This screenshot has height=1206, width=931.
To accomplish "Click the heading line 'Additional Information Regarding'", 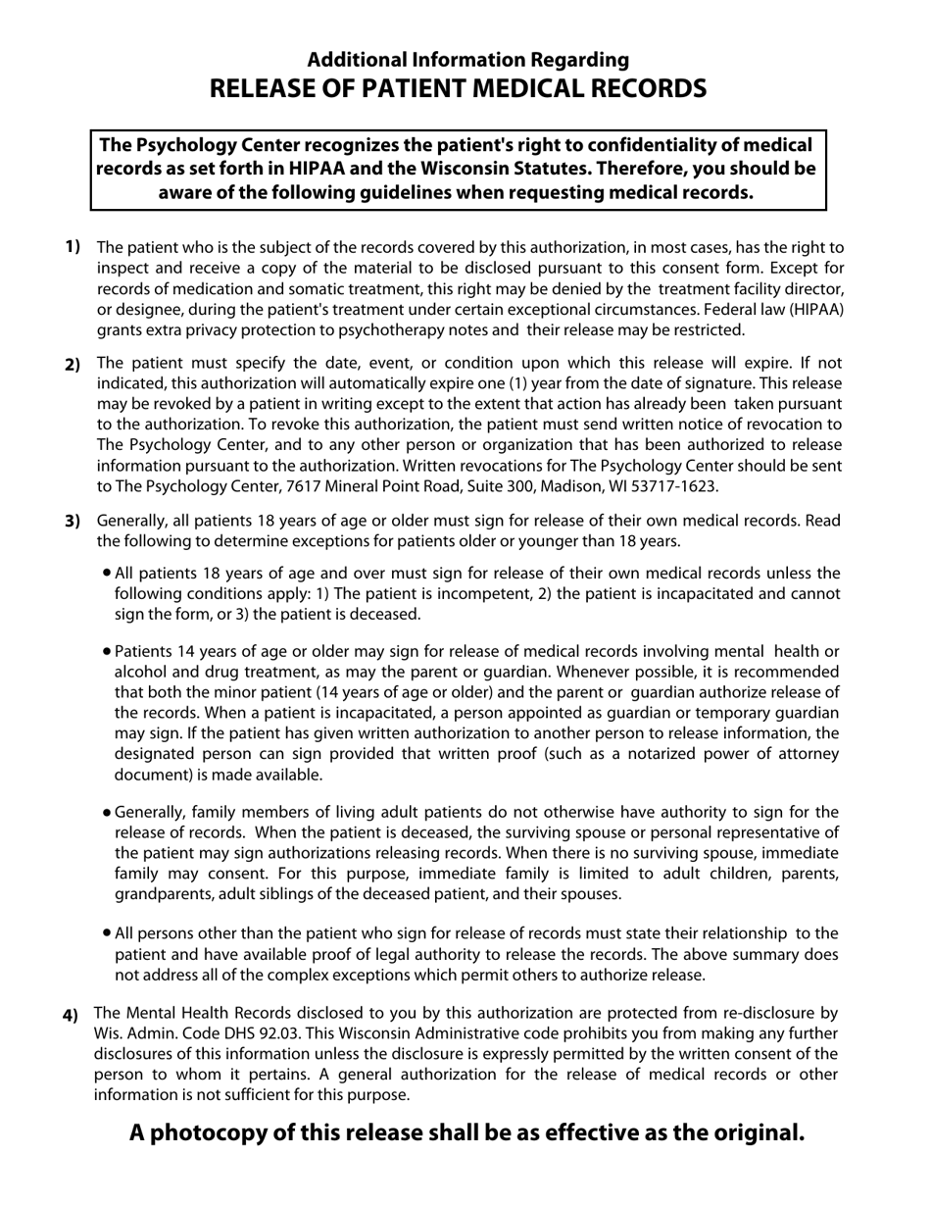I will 468,60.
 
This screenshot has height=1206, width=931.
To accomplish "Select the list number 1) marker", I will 73,246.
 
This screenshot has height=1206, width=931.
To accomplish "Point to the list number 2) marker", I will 73,365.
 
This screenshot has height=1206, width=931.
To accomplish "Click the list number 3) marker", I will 73,521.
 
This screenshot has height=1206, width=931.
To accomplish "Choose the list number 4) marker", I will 71,1015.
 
